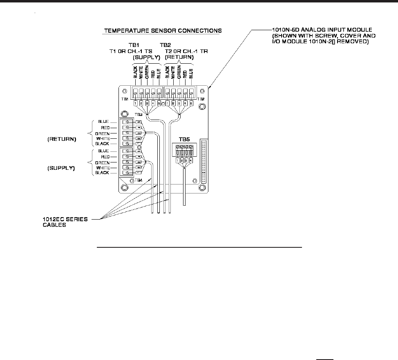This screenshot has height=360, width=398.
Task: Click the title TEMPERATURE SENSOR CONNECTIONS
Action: point(162,30)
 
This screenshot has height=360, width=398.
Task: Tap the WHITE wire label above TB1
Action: point(141,72)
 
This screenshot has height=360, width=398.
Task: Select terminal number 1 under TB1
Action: point(135,104)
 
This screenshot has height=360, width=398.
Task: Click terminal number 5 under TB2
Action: point(191,104)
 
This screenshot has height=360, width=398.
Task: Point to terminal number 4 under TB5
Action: point(191,161)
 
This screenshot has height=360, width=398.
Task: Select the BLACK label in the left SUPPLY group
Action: point(102,173)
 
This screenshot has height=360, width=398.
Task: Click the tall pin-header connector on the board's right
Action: point(204,160)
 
